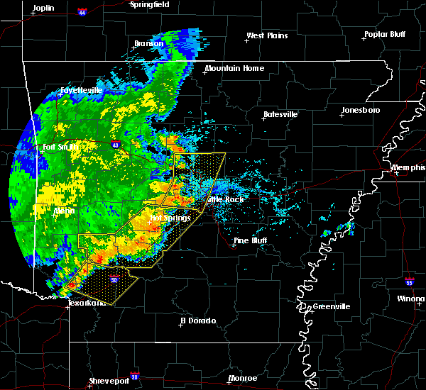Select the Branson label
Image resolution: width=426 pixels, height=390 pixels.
149,43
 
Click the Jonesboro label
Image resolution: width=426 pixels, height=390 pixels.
361,110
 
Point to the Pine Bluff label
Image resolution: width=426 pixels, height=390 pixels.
252,241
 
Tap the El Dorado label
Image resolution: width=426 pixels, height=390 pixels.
200,320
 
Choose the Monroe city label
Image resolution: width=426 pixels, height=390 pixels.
243,378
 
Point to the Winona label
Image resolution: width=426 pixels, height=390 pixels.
413,299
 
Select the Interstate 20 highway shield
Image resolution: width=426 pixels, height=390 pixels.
134,372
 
